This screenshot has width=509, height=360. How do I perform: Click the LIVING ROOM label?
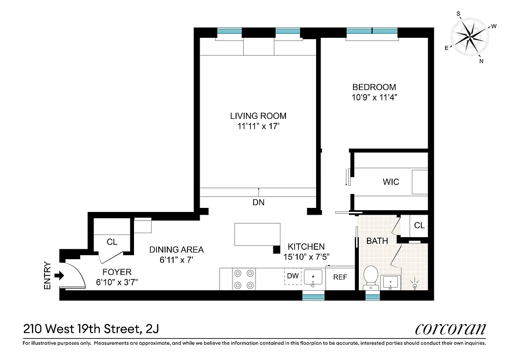pyautogui.click(x=258, y=116)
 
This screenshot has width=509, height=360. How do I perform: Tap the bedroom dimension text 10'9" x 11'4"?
pyautogui.click(x=374, y=97)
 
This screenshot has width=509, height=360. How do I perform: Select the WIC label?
pyautogui.click(x=391, y=182)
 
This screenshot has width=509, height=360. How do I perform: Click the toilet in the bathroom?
pyautogui.click(x=371, y=276)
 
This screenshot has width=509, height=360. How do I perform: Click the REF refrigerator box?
pyautogui.click(x=340, y=277)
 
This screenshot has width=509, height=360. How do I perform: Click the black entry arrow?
pyautogui.click(x=58, y=274)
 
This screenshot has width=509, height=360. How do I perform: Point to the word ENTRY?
pyautogui.click(x=48, y=275)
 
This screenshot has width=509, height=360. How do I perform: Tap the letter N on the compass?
pyautogui.click(x=481, y=61)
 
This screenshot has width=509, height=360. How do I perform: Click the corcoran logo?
pyautogui.click(x=450, y=329)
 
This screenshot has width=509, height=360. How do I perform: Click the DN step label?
pyautogui.click(x=258, y=202)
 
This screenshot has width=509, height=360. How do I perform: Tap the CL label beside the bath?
pyautogui.click(x=419, y=225)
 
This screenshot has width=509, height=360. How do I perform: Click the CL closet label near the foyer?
pyautogui.click(x=112, y=242)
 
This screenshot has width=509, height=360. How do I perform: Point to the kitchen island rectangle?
pyautogui.click(x=257, y=234)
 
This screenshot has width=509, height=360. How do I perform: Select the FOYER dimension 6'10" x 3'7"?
pyautogui.click(x=117, y=282)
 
